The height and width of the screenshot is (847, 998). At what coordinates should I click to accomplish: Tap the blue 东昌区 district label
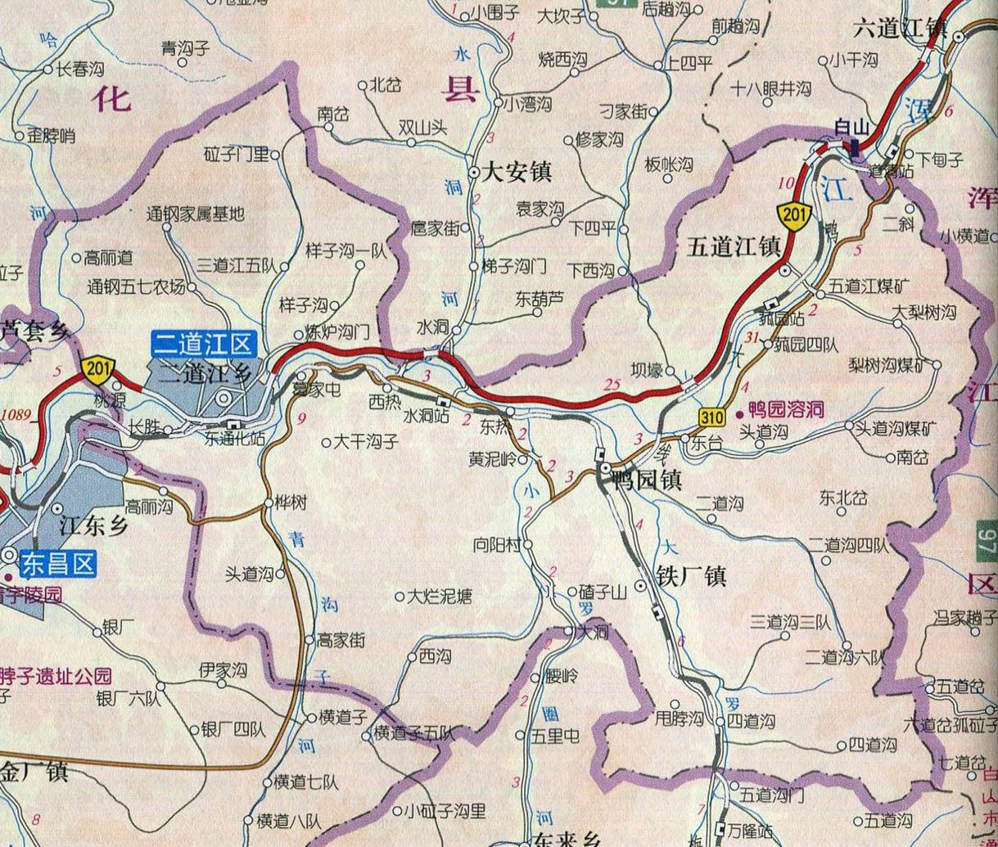pos(58,564)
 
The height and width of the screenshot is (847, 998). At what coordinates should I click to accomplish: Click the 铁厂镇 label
pos(691,576)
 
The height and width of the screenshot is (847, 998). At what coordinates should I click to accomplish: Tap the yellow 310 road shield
pos(711,417)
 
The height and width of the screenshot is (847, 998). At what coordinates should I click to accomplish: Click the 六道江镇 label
pos(899,29)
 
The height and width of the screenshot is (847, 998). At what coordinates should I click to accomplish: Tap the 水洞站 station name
pos(424,416)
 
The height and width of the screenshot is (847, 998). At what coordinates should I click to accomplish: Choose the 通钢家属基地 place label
pos(195,214)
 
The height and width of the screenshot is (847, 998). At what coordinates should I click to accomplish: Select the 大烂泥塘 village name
pos(440,596)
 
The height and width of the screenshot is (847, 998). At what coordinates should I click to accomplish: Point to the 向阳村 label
pos(497,544)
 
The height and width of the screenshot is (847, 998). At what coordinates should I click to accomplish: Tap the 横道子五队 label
pos(413,734)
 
